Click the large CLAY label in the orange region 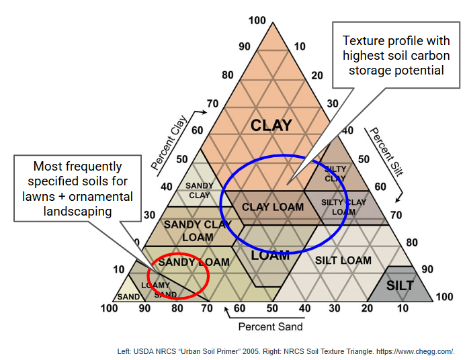271,125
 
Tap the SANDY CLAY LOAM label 198,230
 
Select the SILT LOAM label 343,260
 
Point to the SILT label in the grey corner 400,285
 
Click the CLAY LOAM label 273,207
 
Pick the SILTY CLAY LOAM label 344,206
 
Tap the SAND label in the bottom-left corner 128,296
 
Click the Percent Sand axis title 271,326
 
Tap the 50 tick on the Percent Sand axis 272,308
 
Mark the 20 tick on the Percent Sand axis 368,308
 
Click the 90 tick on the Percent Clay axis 244,46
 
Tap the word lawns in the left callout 39,196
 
